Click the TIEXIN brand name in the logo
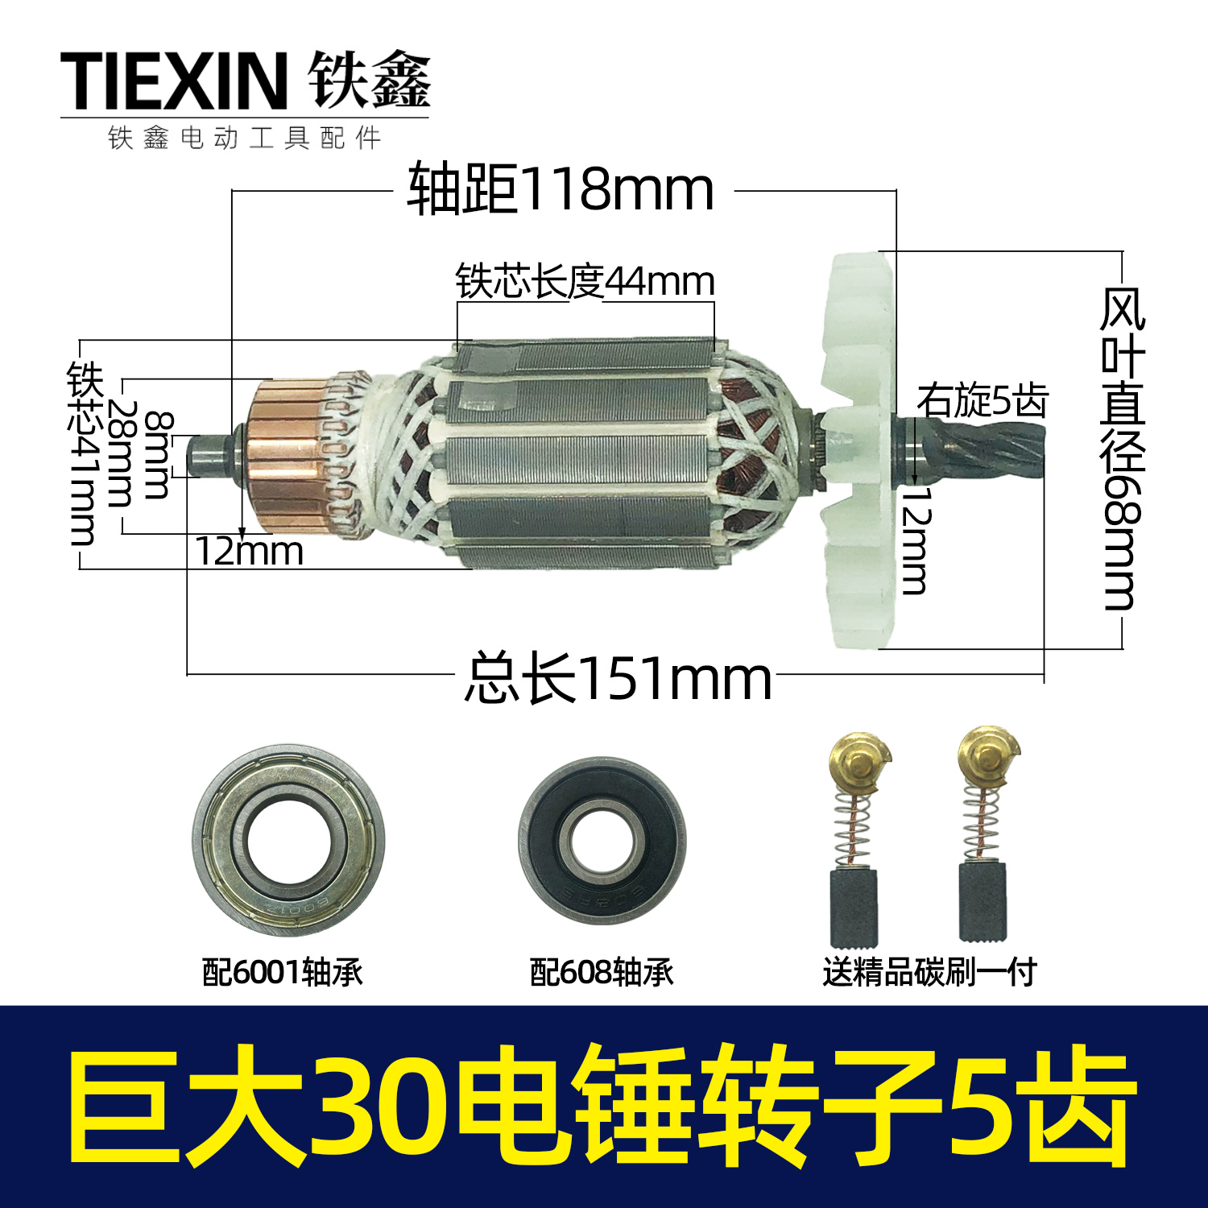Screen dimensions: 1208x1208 (173, 81)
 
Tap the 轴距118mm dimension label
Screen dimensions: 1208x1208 (561, 191)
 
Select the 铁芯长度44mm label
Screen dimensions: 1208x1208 (585, 282)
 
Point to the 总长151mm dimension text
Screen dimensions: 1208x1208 (618, 679)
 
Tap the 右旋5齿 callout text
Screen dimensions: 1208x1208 (982, 400)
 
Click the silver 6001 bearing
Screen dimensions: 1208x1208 (288, 840)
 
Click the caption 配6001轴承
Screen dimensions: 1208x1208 (283, 972)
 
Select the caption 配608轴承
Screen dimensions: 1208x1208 (602, 972)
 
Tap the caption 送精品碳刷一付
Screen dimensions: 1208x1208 (929, 972)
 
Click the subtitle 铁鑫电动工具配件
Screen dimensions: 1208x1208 (245, 139)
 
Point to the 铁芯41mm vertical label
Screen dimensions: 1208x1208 (84, 453)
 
